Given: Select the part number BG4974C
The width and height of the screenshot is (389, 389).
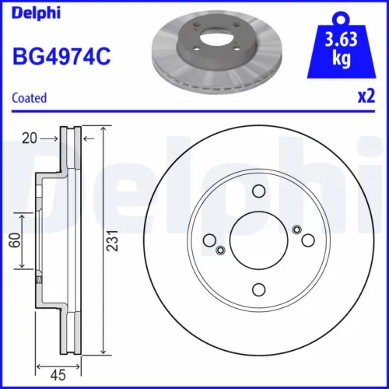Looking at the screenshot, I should click(x=59, y=56).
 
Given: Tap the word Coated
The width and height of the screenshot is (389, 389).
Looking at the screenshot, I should click(x=30, y=98).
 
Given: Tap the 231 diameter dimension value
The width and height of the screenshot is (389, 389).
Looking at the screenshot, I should click(x=114, y=242).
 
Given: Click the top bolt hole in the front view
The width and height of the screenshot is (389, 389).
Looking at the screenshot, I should click(x=259, y=193).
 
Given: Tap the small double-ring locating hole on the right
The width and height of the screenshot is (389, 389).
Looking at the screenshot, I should click(x=296, y=229).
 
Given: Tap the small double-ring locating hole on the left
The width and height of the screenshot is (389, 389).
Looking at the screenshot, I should click(x=221, y=250).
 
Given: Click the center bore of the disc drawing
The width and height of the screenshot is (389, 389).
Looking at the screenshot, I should click(x=259, y=240).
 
